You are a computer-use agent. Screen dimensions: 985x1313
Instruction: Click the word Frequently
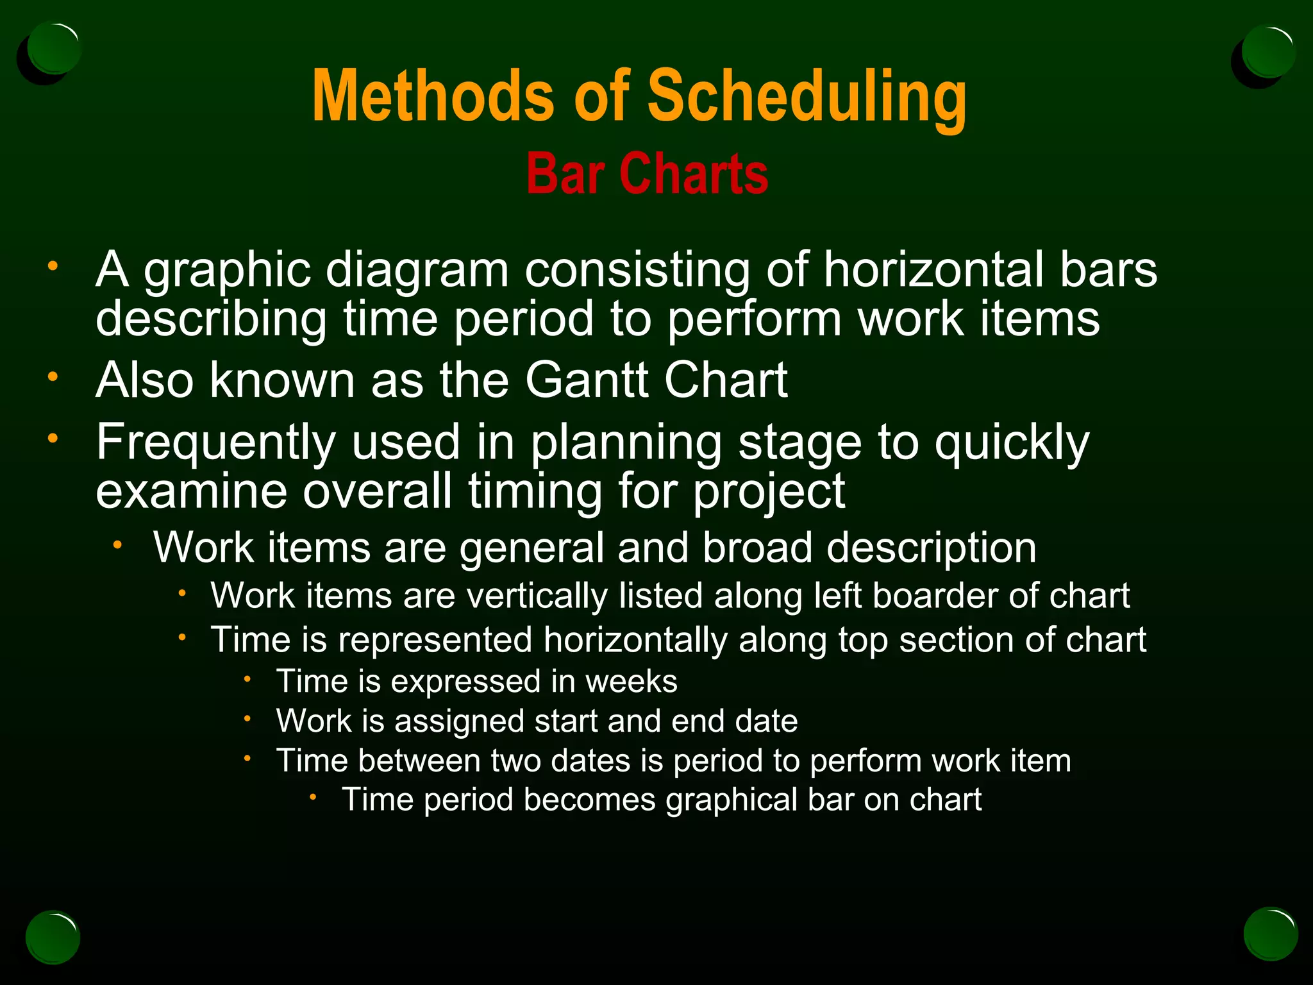pos(215,443)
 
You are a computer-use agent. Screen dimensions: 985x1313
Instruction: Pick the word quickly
pos(1011,443)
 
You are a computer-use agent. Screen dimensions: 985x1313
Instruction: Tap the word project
pos(769,492)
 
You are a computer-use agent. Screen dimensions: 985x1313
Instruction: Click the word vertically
pos(537,596)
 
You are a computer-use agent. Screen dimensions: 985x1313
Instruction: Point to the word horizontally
pos(635,640)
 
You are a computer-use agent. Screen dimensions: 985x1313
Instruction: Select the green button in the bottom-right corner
pos(1270,934)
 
